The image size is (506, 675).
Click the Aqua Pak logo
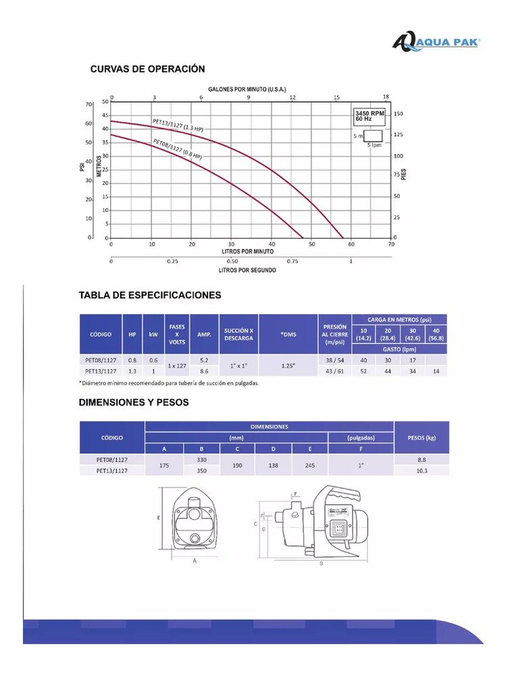pos(436,42)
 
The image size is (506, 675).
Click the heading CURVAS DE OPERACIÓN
pos(148,69)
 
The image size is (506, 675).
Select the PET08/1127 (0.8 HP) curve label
pos(177,148)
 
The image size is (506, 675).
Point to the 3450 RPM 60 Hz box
pos(370,116)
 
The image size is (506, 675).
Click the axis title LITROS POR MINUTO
pos(249,251)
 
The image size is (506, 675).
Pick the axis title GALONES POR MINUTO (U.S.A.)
pos(248,90)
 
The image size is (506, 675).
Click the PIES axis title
pos(403,173)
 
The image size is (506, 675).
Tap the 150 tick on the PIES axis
pos(399,113)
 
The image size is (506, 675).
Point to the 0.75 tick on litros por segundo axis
pos(293,261)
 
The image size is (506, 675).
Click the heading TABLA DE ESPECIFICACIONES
pos(150,295)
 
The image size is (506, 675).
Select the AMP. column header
pos(203,334)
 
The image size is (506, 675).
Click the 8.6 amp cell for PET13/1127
pos(203,371)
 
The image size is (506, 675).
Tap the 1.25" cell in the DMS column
pos(288,365)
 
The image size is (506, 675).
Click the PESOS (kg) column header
pos(422,437)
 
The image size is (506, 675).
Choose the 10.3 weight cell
pos(422,470)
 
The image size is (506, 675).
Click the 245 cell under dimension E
pos(310,465)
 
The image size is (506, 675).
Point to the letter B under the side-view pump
pos(321,562)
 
